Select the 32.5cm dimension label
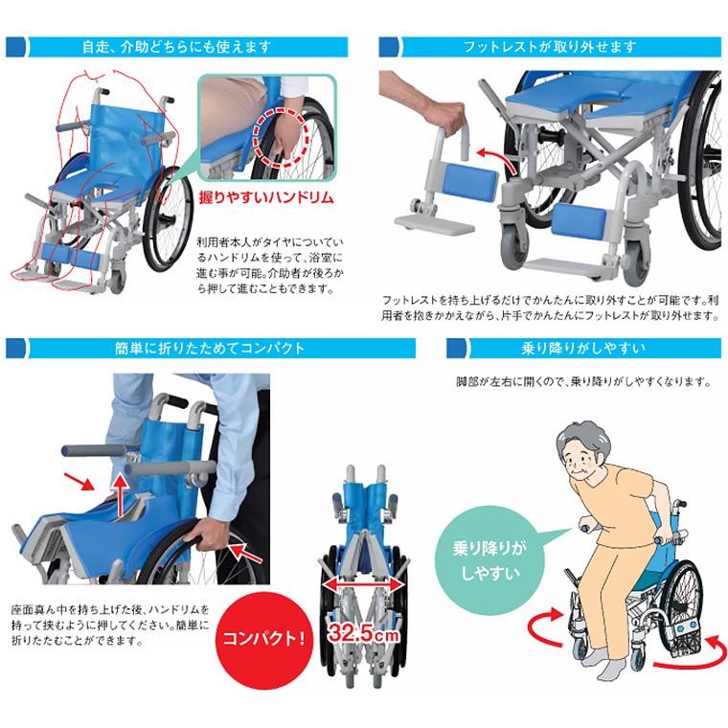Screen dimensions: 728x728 pos(365,634)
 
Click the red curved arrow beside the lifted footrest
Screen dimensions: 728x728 pos(494,157)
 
